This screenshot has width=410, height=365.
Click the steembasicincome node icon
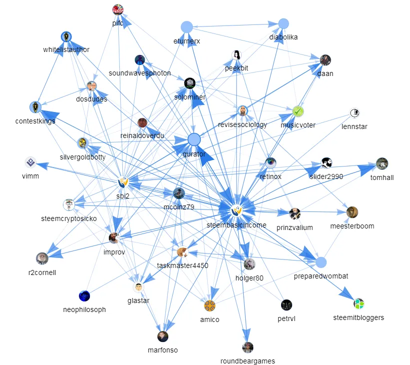coord(236,211)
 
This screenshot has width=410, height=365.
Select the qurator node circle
coord(194,140)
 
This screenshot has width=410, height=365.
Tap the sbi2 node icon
coord(123,182)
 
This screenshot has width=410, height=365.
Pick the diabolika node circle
coord(283,23)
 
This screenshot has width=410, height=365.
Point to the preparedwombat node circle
coord(321,262)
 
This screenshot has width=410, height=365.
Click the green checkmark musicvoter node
coord(298,111)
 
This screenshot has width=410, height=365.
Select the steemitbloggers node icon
coord(359,303)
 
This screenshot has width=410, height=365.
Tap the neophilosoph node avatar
coord(84,296)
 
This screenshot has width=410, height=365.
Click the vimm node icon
coord(30,162)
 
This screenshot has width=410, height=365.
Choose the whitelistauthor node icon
coord(66,36)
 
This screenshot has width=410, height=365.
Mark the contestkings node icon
coord(35,107)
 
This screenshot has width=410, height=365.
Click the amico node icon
coord(210,305)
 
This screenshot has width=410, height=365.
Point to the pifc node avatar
coord(118,9)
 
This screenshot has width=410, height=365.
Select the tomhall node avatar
coord(382,163)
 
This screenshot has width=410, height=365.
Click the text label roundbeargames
coord(247,360)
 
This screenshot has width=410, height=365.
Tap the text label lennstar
coord(354,126)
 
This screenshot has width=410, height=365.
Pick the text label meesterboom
coord(352,226)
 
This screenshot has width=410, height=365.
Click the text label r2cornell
coord(42,272)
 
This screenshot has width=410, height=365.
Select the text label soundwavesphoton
coord(139,73)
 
